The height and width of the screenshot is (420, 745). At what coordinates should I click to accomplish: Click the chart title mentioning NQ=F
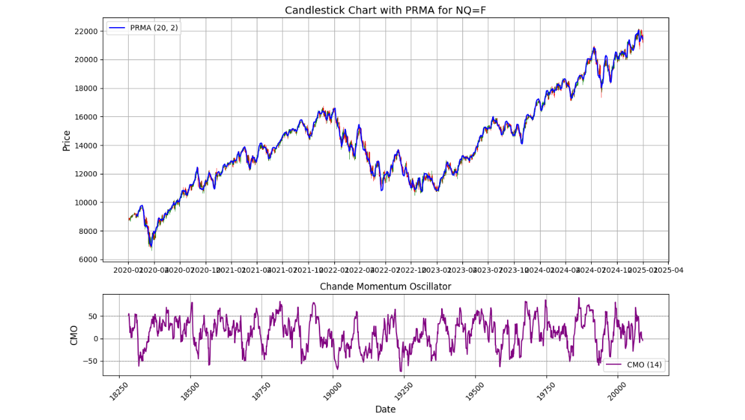(x=385, y=10)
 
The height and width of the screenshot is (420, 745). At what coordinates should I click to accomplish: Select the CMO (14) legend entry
(x=634, y=365)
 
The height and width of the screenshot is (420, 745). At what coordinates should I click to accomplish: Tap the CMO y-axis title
(x=74, y=335)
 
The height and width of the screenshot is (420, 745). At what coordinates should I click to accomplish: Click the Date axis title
(x=385, y=409)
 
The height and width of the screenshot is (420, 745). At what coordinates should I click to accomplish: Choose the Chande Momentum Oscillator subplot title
(x=385, y=286)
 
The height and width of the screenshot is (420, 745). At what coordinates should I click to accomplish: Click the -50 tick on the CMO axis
(x=91, y=361)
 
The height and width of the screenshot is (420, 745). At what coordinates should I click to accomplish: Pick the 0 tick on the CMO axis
(x=95, y=339)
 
